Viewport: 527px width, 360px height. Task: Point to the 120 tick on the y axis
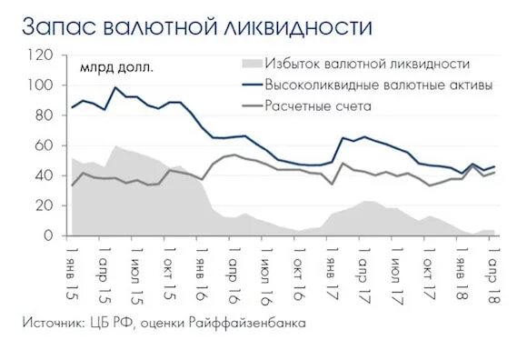[41, 55]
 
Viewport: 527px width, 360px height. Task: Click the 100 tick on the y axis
[41, 85]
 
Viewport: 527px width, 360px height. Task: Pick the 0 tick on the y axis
[49, 236]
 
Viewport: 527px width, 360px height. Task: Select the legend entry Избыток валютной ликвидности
[367, 64]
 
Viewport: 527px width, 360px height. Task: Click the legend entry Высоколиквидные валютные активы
[379, 85]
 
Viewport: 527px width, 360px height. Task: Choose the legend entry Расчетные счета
[318, 106]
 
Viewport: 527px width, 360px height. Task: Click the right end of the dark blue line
[493, 166]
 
